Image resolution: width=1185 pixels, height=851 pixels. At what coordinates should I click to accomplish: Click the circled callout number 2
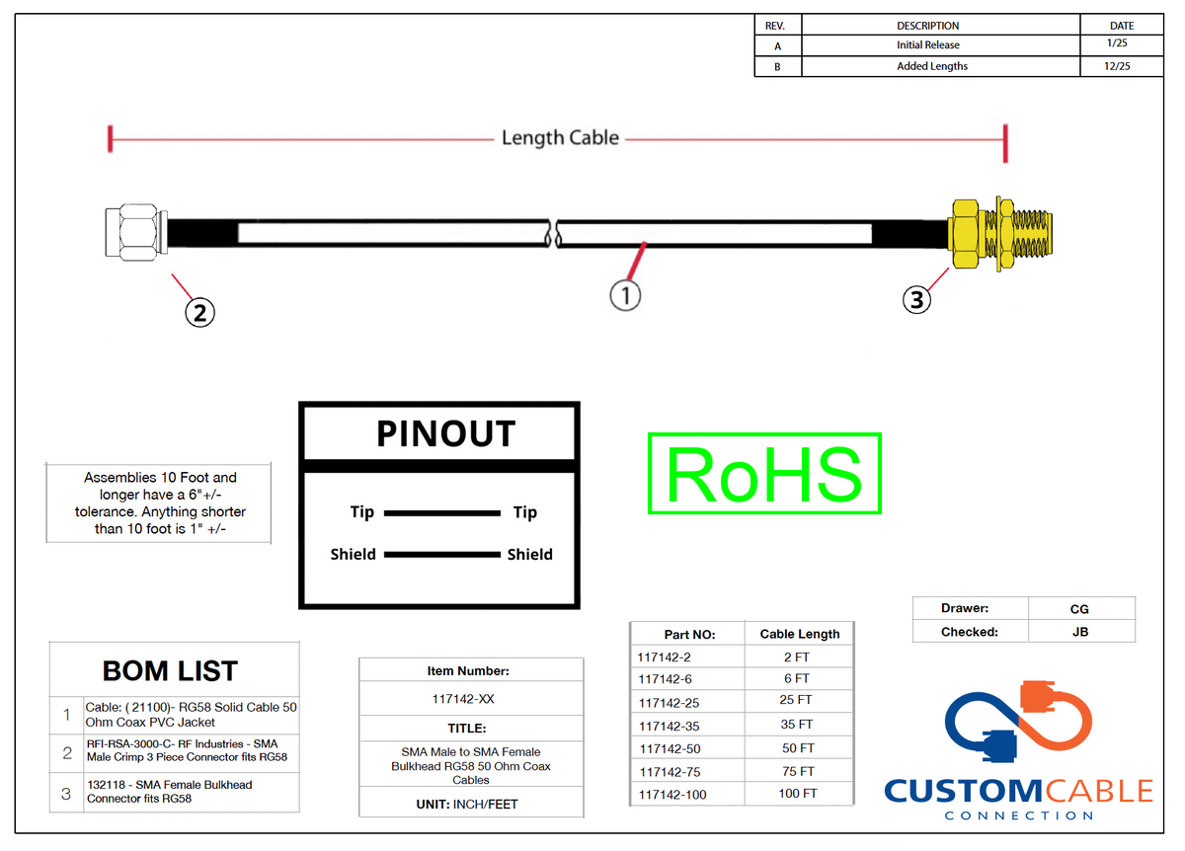click(199, 313)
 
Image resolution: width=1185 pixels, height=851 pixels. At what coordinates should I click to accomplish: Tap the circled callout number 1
click(625, 295)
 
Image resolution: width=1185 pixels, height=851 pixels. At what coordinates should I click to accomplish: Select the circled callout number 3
click(916, 299)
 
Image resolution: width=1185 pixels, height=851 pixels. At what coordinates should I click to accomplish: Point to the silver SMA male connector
click(136, 232)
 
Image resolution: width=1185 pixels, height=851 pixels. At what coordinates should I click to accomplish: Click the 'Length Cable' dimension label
click(560, 138)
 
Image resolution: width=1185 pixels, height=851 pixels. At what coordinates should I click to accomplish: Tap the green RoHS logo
click(764, 473)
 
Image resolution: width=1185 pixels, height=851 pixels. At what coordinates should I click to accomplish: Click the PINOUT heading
click(446, 433)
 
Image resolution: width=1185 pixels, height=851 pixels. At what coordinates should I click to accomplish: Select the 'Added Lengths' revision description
click(932, 67)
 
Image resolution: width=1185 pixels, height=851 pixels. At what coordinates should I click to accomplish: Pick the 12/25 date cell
click(1117, 67)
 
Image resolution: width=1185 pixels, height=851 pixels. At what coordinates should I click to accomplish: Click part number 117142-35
click(670, 727)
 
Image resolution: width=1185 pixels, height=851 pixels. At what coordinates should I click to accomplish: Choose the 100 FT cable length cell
click(798, 794)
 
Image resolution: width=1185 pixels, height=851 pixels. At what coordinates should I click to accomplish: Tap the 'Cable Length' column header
click(800, 634)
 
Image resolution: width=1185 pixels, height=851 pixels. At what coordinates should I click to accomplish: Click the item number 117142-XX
click(463, 699)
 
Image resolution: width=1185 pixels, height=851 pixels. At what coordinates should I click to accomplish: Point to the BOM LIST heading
click(170, 670)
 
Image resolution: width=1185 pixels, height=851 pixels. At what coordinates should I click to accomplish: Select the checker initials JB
click(1080, 632)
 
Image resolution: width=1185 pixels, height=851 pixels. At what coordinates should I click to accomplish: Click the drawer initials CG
click(1079, 609)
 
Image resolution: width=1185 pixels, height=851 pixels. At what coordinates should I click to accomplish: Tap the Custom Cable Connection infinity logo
click(1018, 721)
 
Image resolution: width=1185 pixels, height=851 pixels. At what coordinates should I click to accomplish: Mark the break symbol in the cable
click(554, 234)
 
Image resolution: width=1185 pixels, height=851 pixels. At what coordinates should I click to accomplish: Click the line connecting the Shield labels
click(442, 554)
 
